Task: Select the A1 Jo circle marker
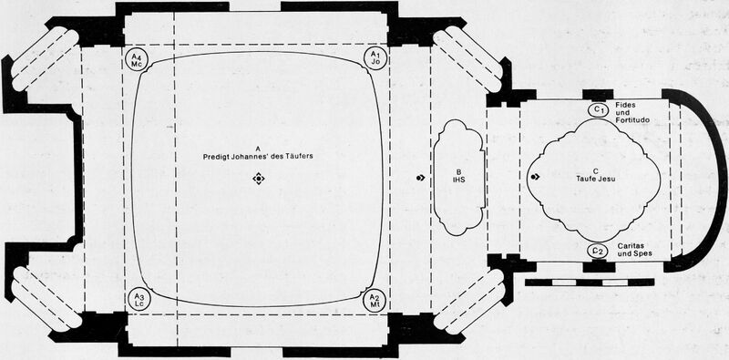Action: pos(375,58)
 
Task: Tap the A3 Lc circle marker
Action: pos(139,299)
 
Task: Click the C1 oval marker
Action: pos(600,109)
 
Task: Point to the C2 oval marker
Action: pos(599,251)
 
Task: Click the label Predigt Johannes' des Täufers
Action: pos(258,156)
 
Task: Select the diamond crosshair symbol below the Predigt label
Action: pos(259,179)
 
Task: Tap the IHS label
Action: pos(460,179)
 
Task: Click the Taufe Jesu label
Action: pos(596,178)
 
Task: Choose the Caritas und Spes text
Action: pos(634,250)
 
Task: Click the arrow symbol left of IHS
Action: pos(420,177)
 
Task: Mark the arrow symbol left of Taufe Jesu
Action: pos(535,177)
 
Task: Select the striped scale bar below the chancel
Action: pos(590,283)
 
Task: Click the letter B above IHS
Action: pos(460,171)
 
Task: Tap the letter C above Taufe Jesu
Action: pos(596,170)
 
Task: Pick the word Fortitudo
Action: pos(632,120)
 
